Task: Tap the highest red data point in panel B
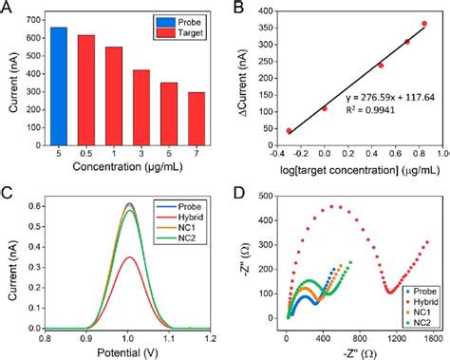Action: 424,24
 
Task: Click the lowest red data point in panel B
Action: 290,131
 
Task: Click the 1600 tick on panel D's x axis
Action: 432,337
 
